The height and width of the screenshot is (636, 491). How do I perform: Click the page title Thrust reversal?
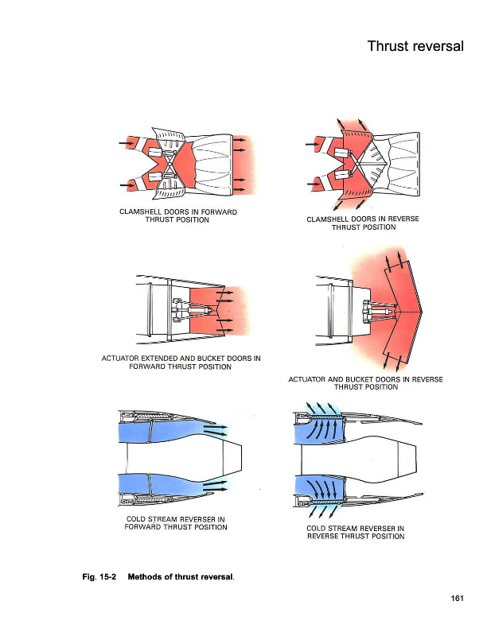pyautogui.click(x=415, y=46)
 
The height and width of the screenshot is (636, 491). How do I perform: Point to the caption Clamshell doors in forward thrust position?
pyautogui.click(x=177, y=215)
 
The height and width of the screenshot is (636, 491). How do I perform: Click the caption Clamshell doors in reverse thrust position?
pyautogui.click(x=363, y=223)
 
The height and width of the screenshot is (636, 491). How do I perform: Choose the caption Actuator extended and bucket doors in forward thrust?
pyautogui.click(x=181, y=362)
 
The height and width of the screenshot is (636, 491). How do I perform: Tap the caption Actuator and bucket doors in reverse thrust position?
pyautogui.click(x=365, y=383)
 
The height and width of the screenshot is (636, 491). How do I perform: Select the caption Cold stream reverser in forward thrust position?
pyautogui.click(x=177, y=523)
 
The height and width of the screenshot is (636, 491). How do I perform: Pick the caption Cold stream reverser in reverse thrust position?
pyautogui.click(x=355, y=532)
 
